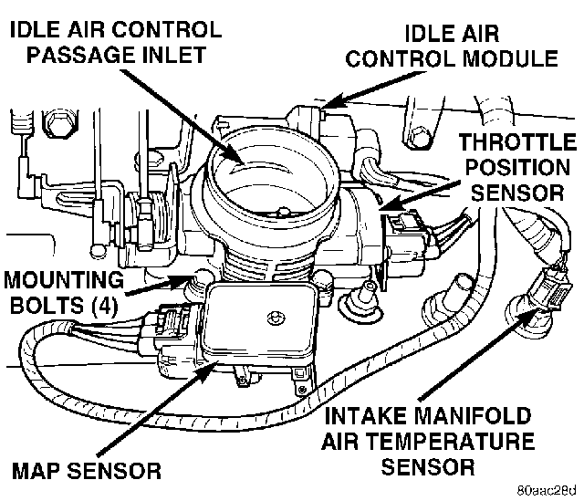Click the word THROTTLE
517,143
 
